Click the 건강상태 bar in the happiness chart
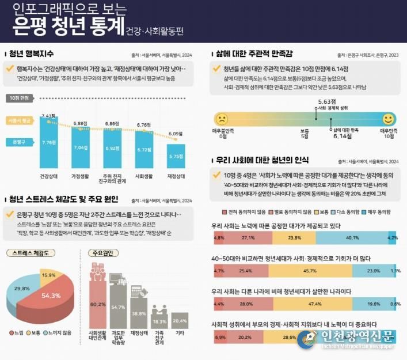[x=48, y=142]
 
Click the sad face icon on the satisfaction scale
[x=221, y=119]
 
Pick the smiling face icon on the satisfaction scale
[x=388, y=119]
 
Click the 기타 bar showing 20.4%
[x=180, y=320]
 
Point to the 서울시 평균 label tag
[x=20, y=121]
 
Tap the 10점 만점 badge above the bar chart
[x=21, y=98]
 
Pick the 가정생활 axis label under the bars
[x=80, y=176]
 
